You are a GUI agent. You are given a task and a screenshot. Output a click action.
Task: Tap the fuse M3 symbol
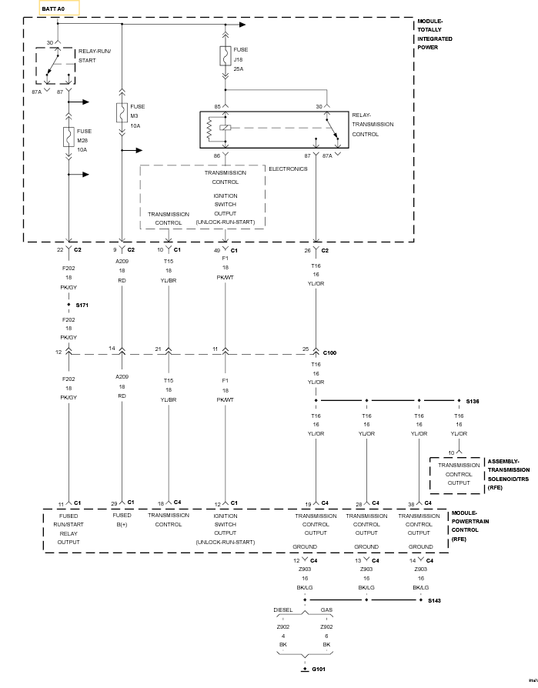pyautogui.click(x=122, y=113)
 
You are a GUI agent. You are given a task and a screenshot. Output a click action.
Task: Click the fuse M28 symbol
pyautogui.click(x=69, y=138)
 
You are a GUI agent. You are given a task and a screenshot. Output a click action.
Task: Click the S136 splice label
pyautogui.click(x=472, y=401)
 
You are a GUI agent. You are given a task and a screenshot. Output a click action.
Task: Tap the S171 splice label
pyautogui.click(x=82, y=306)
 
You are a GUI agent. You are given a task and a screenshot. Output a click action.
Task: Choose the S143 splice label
pyautogui.click(x=435, y=599)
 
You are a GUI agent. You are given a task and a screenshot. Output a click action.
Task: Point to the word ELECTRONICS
pyautogui.click(x=288, y=169)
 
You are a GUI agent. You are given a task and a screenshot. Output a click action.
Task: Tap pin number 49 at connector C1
pyautogui.click(x=216, y=250)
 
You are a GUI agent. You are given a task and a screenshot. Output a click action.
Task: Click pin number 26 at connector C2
pyautogui.click(x=308, y=250)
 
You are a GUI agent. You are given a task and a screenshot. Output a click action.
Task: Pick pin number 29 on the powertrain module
pyautogui.click(x=114, y=503)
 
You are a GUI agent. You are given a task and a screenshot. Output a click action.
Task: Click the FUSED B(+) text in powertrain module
pyautogui.click(x=122, y=519)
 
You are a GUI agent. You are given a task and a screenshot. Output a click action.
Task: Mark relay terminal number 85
pyautogui.click(x=217, y=106)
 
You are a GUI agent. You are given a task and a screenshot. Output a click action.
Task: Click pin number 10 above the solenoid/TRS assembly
pyautogui.click(x=451, y=453)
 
